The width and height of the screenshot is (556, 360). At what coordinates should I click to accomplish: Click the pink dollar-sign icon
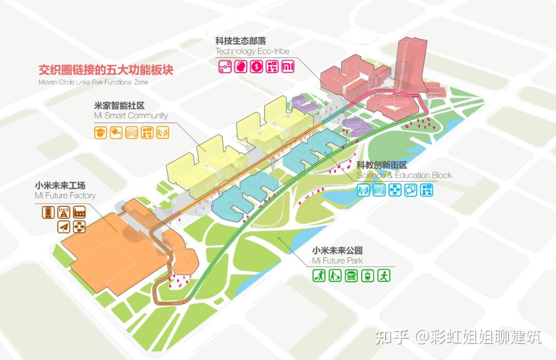[x=256, y=66]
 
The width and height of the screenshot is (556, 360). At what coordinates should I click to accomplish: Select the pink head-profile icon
[x=239, y=66]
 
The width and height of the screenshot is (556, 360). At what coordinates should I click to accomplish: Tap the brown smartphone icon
[x=48, y=212]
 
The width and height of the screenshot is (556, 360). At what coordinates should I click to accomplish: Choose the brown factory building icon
[x=80, y=212]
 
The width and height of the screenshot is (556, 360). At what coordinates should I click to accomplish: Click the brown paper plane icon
[x=64, y=227]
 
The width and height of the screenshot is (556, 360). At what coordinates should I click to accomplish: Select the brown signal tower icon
[x=64, y=212]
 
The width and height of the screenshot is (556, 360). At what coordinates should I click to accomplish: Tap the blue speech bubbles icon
[x=410, y=190]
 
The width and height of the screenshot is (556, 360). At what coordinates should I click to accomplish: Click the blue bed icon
[x=378, y=190]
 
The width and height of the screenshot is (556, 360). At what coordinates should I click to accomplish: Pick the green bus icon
[x=351, y=276]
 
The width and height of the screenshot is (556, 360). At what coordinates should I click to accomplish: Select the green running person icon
[x=384, y=276]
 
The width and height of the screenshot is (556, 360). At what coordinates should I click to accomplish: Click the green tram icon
[x=368, y=276]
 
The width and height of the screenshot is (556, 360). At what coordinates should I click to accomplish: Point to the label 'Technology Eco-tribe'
[x=252, y=51]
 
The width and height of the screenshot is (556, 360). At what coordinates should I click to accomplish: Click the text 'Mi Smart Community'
[x=131, y=116]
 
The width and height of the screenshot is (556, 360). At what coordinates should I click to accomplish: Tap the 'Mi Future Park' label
[x=337, y=261]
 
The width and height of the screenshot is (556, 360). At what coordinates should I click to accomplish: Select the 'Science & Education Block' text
[x=404, y=175]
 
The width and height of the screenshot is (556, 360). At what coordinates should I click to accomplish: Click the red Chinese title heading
[x=106, y=70]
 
